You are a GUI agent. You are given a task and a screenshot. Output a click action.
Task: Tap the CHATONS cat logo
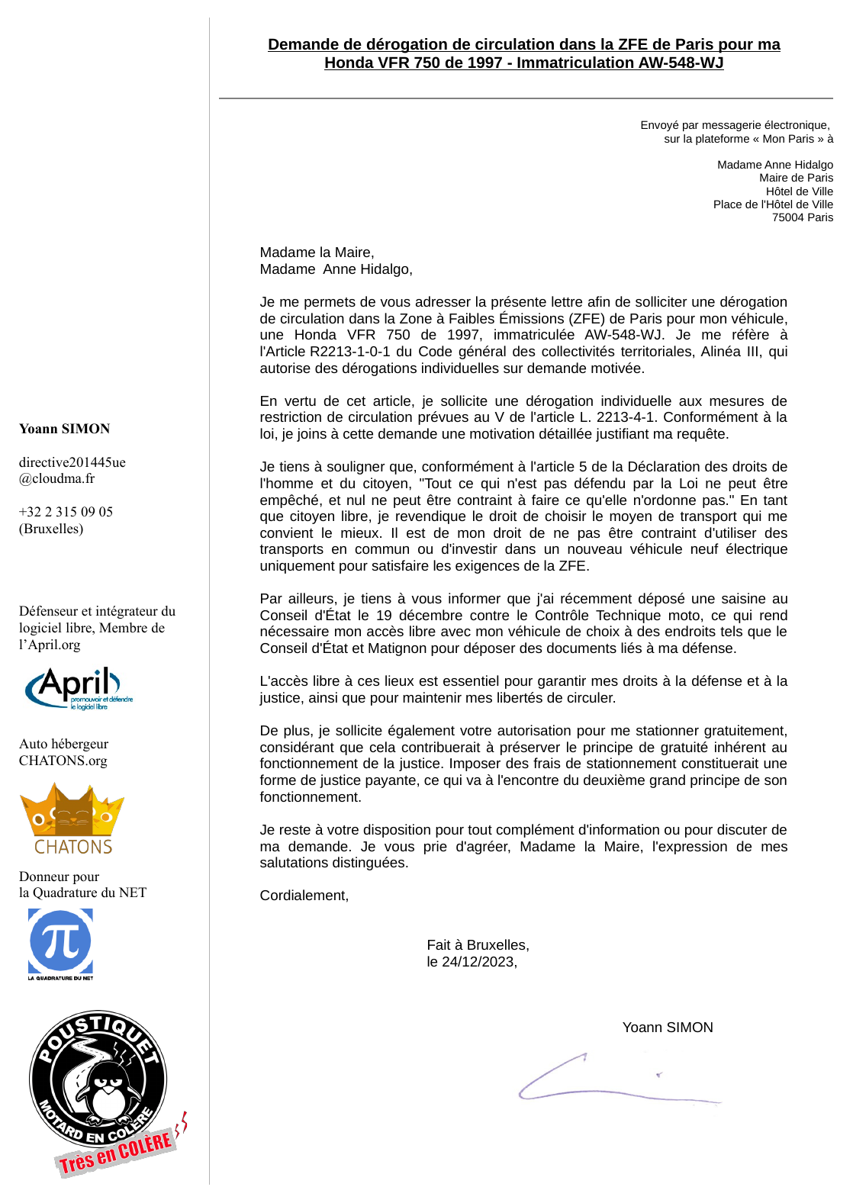tap(72, 818)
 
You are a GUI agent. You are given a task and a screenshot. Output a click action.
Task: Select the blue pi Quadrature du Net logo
tap(60, 941)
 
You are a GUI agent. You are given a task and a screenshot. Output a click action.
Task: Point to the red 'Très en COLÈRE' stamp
tap(116, 1152)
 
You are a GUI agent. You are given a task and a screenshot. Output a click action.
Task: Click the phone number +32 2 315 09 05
tap(66, 512)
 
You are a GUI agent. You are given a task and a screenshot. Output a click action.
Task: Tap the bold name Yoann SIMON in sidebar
tap(64, 429)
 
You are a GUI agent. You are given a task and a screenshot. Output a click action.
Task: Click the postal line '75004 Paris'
tap(802, 217)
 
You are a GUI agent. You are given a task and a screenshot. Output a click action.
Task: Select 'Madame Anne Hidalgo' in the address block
tap(774, 165)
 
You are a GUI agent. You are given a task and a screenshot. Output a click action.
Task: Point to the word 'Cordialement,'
tap(304, 896)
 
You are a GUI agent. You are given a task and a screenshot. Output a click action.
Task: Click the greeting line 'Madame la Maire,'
tap(317, 253)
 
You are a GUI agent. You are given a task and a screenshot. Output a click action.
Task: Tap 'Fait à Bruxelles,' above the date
tap(478, 945)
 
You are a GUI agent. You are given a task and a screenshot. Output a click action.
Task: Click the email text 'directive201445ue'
tap(72, 462)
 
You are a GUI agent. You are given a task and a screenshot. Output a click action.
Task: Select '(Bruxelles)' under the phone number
tap(51, 529)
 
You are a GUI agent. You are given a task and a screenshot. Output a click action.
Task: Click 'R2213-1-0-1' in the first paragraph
tap(349, 352)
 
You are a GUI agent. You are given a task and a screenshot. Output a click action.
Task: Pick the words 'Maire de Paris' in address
tap(796, 178)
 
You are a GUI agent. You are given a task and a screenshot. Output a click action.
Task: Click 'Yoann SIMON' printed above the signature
tap(668, 1028)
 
